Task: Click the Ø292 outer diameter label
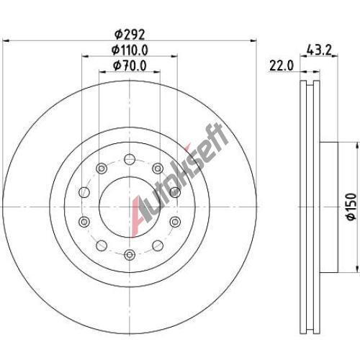pos(130,35)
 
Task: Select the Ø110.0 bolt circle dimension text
pos(130,50)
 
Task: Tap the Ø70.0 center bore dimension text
pos(130,66)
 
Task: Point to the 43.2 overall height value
pos(319,50)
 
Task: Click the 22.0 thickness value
pos(282,66)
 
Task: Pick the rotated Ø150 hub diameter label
pos(351,207)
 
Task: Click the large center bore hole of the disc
pos(130,207)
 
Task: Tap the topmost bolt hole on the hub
pos(130,159)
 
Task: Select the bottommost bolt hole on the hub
pos(130,255)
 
